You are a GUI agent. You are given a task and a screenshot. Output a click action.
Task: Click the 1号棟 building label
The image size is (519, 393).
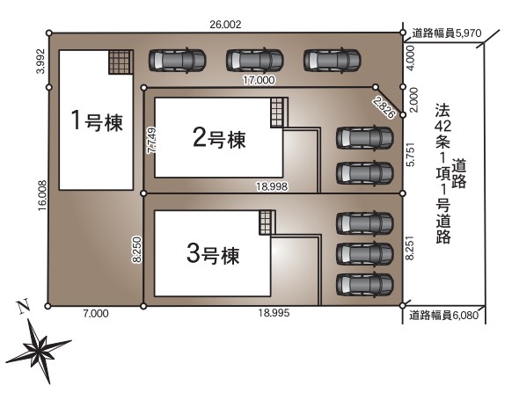point(97,121)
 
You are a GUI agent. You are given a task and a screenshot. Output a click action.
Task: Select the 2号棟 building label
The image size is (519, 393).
point(219,139)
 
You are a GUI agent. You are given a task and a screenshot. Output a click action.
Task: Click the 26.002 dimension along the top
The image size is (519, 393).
point(225,25)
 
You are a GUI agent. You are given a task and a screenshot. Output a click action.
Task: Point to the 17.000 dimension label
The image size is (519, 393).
point(259,80)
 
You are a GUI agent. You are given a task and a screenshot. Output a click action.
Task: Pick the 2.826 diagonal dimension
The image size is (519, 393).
point(384,107)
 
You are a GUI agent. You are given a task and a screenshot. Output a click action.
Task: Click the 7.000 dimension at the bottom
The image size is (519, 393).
point(95,313)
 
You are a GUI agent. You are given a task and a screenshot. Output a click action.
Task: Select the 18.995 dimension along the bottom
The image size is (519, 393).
point(274,313)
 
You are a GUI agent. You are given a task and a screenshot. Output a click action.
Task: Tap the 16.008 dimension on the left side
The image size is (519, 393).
point(42,196)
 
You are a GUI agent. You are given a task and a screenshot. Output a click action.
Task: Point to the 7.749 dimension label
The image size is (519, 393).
point(152,141)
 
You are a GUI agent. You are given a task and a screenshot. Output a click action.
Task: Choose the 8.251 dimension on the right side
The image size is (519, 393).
point(410,248)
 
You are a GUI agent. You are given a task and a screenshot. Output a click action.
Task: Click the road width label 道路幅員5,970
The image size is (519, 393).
point(447,33)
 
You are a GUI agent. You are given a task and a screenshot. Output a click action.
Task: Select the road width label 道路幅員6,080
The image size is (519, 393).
point(444,316)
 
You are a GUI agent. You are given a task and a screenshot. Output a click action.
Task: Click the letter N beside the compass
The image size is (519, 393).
point(23,306)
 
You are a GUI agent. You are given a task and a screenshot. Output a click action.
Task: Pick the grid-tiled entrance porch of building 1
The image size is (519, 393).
point(121,62)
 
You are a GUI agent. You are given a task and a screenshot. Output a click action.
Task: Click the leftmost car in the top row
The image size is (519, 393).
point(178,60)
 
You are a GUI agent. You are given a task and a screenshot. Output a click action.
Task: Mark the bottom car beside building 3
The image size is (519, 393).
point(365,284)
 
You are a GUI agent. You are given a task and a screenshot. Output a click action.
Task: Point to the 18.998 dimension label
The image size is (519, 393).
point(272,186)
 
